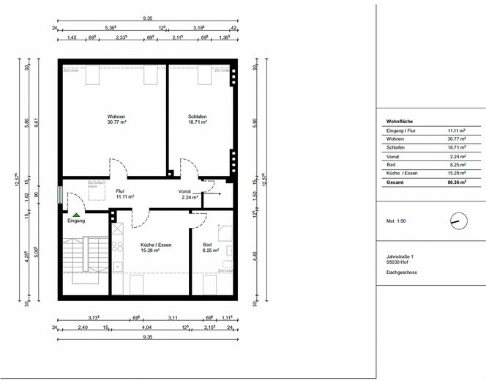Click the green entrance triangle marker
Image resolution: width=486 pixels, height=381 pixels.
(76, 215)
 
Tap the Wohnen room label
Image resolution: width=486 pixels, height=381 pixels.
(116, 117)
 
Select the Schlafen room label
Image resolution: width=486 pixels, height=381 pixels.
(197, 117)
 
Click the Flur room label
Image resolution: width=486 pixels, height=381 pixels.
(121, 193)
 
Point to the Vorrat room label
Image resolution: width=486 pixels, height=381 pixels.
(184, 193)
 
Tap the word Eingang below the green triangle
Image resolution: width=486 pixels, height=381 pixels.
(76, 221)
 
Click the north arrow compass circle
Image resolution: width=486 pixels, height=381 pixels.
(457, 220)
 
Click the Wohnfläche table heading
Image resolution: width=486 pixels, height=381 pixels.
(400, 122)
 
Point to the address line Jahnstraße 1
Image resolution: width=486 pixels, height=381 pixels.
(400, 256)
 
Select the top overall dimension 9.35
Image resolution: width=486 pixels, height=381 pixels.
(147, 18)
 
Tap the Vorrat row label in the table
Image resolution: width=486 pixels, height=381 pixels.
(394, 156)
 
